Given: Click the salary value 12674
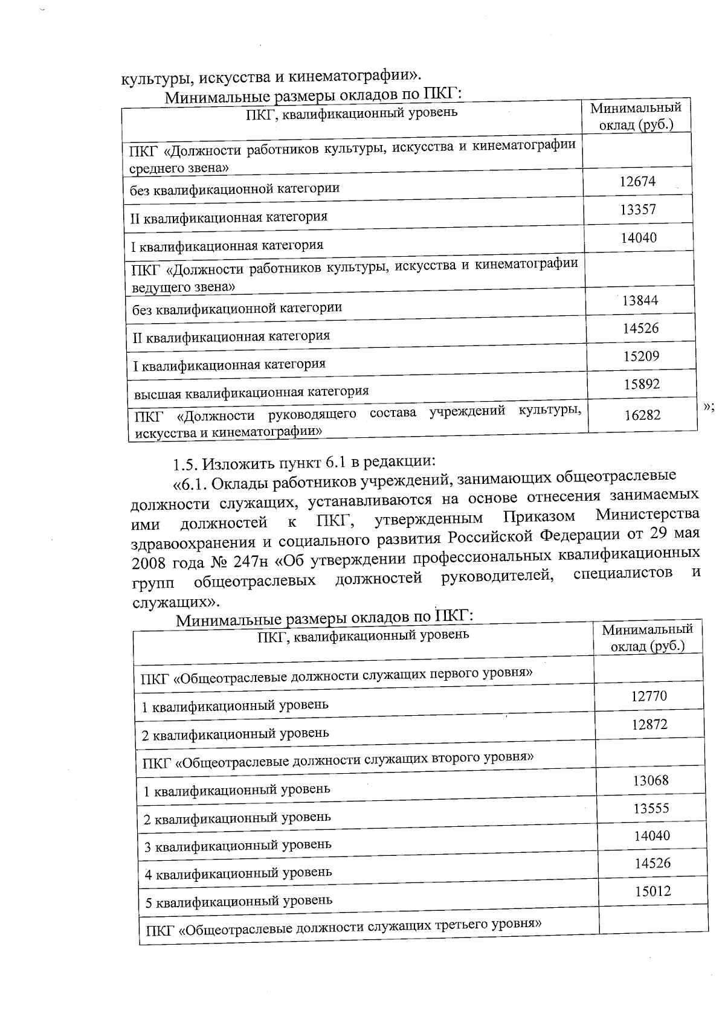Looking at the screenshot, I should [637, 182].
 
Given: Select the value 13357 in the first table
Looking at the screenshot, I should [638, 210].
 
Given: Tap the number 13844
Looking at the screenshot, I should [640, 301].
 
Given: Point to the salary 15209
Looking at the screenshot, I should [641, 356].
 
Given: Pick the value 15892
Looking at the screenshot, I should [642, 384].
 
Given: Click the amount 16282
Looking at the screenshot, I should [642, 415].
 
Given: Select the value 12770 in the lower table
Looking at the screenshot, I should [649, 696].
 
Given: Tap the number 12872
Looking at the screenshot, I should [649, 725].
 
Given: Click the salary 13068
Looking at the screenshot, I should [651, 780].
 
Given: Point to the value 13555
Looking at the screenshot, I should [651, 808].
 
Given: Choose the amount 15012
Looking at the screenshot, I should [652, 892].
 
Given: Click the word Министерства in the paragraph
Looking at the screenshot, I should [648, 515].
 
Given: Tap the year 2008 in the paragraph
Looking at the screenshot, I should [148, 563].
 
